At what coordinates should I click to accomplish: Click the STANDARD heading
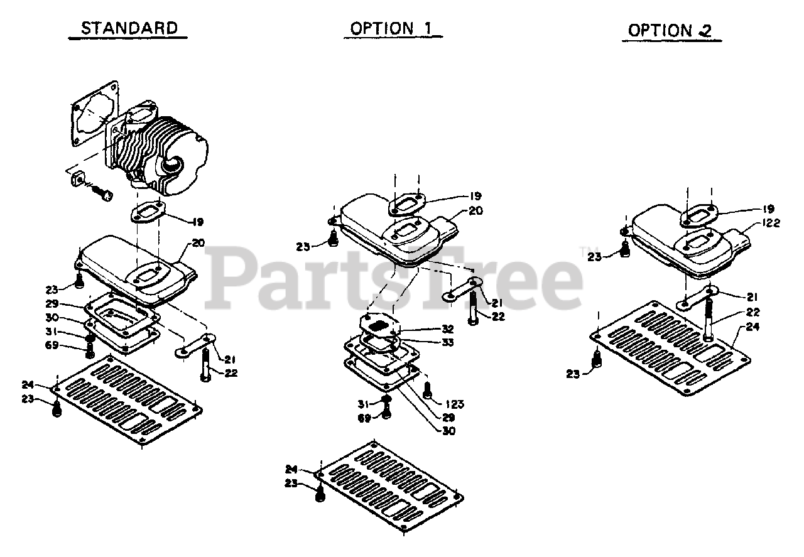click(x=129, y=28)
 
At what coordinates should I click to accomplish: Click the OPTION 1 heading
click(x=391, y=28)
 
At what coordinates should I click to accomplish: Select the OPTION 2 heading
click(x=670, y=30)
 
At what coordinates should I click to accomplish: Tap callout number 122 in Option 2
click(x=772, y=224)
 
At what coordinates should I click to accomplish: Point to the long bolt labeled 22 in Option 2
click(x=708, y=317)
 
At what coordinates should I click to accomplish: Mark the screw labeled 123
click(x=426, y=392)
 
